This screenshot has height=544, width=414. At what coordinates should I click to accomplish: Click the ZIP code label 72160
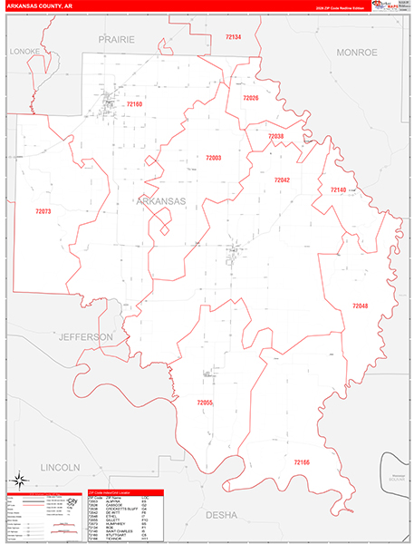point(134,104)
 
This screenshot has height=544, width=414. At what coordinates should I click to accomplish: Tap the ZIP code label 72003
point(213,158)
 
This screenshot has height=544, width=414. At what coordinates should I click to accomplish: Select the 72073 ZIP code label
point(43,211)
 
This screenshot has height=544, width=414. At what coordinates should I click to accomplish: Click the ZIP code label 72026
point(250,98)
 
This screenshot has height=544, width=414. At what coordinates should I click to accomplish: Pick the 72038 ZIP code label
point(275,136)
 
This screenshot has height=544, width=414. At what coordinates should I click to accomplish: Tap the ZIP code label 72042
point(282,180)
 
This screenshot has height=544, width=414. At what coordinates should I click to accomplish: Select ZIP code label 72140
point(338,189)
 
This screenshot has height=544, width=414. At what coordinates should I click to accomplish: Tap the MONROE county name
point(356,53)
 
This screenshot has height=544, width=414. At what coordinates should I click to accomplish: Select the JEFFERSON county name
point(86,336)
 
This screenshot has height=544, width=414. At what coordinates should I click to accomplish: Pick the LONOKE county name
point(24,52)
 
